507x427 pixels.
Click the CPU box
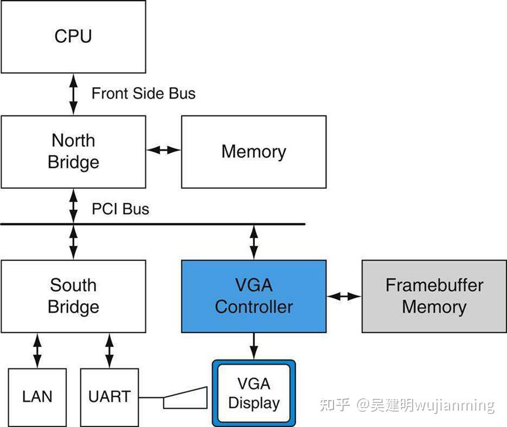[73, 36]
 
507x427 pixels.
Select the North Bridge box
[73, 151]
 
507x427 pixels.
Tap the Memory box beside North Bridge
[253, 151]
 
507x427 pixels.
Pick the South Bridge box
[73, 296]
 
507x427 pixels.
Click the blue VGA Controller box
[253, 296]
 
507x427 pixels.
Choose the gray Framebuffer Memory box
[434, 296]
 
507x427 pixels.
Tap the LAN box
[38, 396]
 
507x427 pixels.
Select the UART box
[109, 396]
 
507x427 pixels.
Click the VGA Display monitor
[253, 393]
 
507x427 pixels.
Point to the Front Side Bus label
[144, 93]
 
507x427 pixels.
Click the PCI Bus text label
[120, 209]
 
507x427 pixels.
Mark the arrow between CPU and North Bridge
[73, 94]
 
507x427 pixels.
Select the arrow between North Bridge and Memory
[164, 150]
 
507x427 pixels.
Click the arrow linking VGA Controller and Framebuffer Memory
[344, 297]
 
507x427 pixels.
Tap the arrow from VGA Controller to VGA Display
[253, 345]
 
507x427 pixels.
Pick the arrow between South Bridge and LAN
[38, 350]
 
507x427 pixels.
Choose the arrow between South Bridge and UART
[109, 350]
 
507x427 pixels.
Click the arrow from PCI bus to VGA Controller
[253, 242]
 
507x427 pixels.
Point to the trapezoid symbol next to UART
[185, 398]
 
